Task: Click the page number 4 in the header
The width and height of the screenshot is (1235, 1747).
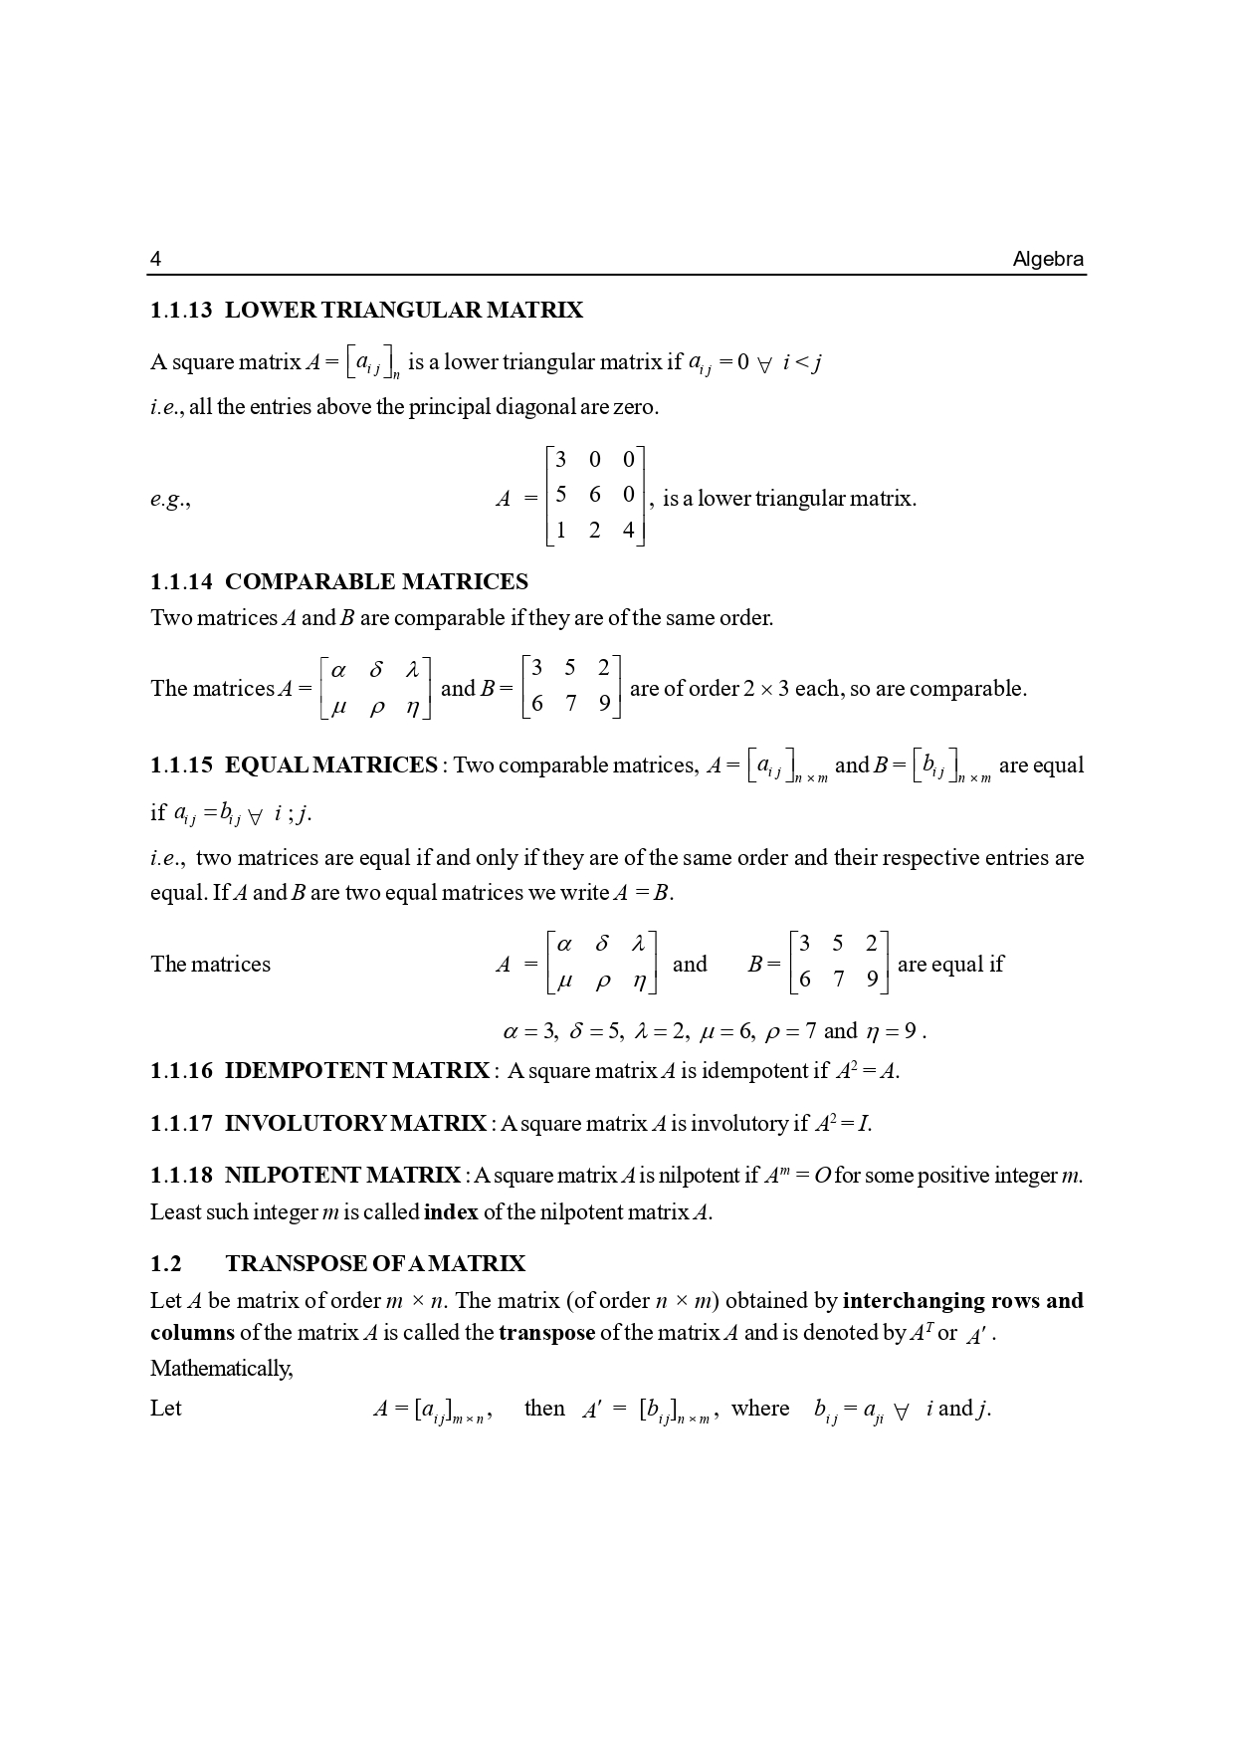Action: coord(155,260)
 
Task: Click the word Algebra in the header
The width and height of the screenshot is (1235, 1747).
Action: coord(1048,260)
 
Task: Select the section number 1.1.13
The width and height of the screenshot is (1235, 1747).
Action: coord(181,311)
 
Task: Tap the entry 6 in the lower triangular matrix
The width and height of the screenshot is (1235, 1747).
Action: coord(595,495)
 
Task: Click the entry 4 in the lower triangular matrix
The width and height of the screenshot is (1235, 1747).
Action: coord(628,531)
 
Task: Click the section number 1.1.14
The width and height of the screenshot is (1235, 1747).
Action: coord(181,582)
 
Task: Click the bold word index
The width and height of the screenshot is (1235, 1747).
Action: coord(451,1212)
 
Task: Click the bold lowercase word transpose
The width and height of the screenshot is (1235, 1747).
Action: coord(546,1333)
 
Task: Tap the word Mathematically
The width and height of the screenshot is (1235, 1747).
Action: coord(221,1369)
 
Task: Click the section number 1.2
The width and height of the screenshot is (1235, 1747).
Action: coord(166,1264)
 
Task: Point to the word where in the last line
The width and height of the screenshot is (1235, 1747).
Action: coord(760,1409)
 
